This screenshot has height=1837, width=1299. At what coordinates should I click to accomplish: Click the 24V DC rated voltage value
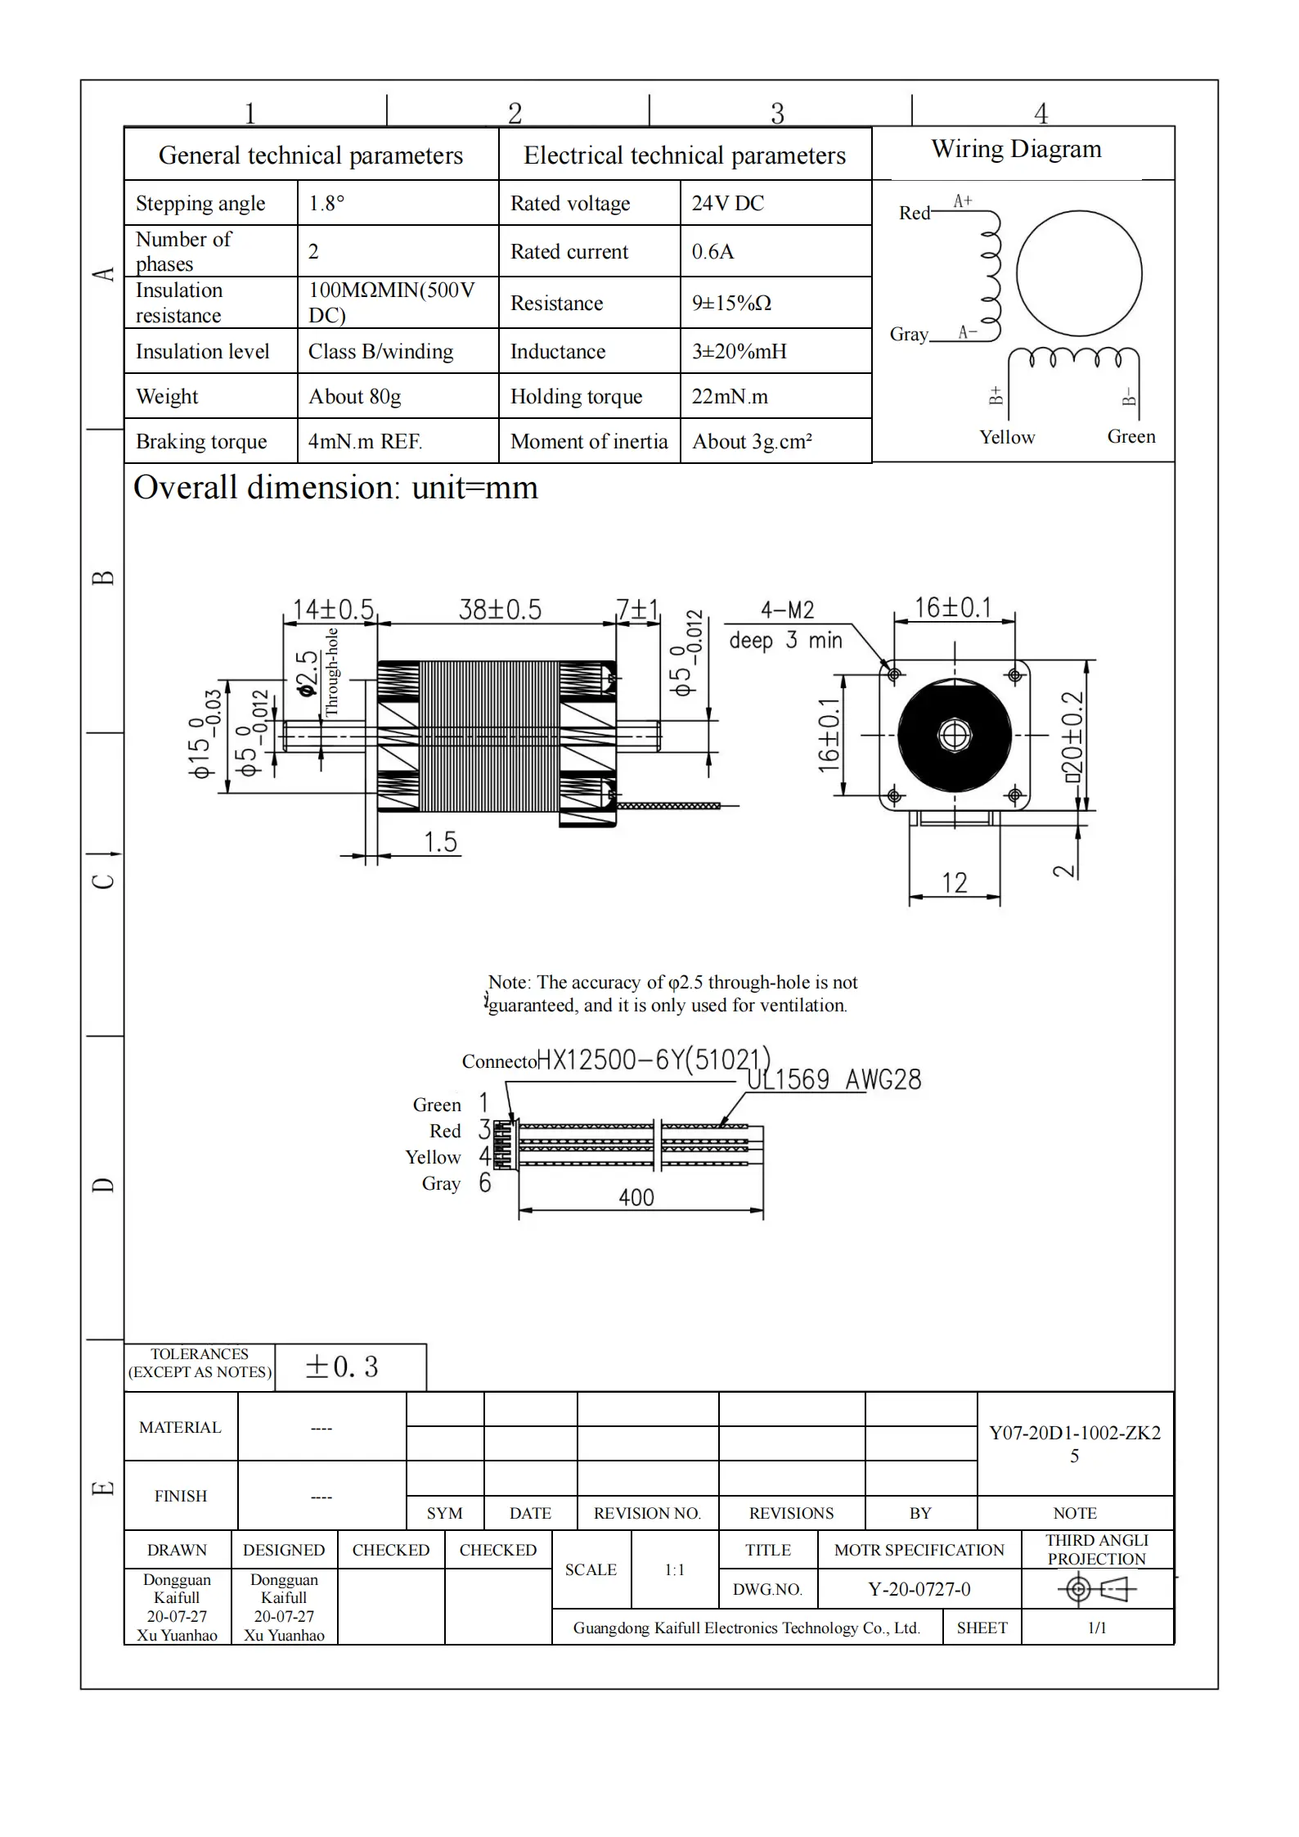[x=727, y=203]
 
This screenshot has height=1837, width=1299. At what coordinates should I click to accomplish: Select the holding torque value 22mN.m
[x=730, y=397]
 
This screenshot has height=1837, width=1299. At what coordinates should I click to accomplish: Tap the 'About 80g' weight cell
[x=354, y=397]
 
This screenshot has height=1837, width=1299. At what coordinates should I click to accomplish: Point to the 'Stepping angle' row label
[x=200, y=203]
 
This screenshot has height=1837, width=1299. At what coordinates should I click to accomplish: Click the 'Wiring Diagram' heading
[x=1016, y=149]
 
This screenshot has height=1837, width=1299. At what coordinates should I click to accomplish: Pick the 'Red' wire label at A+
[x=914, y=213]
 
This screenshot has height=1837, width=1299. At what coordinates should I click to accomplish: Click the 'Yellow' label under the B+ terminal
[x=1007, y=437]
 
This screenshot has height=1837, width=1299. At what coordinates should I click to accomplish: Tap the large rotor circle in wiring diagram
[x=1079, y=273]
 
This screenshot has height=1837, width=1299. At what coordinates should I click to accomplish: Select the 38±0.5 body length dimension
[x=499, y=610]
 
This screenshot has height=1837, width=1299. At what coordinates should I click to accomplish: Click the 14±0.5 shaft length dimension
[x=332, y=610]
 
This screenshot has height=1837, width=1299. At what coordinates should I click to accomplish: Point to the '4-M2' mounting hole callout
[x=787, y=610]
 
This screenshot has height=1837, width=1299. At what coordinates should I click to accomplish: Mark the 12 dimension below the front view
[x=954, y=883]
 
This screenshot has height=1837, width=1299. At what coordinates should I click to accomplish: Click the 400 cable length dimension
[x=636, y=1198]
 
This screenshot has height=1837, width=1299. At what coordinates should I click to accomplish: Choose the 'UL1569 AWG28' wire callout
[x=834, y=1079]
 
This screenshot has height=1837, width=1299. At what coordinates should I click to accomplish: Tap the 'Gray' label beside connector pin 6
[x=441, y=1183]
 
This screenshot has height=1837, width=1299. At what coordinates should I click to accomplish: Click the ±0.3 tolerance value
[x=341, y=1366]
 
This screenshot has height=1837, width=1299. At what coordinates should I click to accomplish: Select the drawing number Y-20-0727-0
[x=919, y=1589]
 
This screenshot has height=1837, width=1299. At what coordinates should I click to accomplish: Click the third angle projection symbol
[x=1096, y=1589]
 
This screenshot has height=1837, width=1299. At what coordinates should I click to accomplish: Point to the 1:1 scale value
[x=674, y=1569]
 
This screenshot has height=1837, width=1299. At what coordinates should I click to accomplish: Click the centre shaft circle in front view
[x=954, y=735]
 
